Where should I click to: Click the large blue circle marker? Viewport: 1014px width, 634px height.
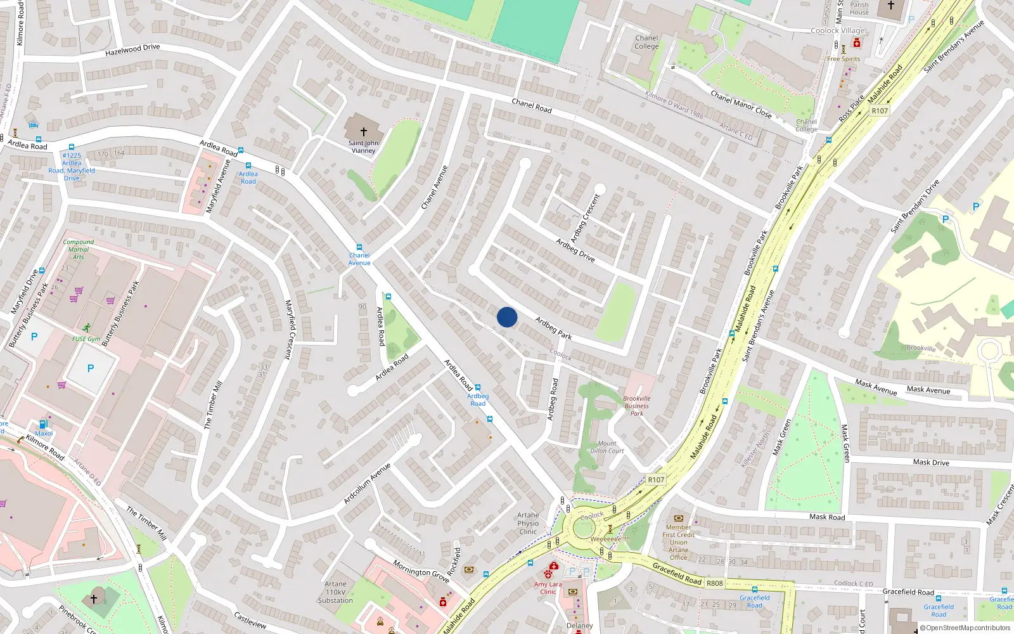click(x=507, y=317)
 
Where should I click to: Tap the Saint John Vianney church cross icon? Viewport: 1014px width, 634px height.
click(x=364, y=131)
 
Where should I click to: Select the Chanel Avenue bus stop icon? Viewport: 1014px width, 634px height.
click(x=359, y=247)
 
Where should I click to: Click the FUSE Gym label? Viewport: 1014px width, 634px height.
click(x=86, y=339)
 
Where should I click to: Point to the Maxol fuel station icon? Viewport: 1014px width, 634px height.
click(x=43, y=425)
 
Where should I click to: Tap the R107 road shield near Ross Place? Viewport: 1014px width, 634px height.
click(x=880, y=111)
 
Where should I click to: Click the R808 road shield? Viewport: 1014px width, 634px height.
click(x=714, y=583)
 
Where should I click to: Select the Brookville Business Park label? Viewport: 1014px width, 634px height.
click(x=637, y=406)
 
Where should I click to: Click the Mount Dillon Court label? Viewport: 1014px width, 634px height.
click(x=607, y=447)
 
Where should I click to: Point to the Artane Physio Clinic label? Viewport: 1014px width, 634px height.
click(x=528, y=523)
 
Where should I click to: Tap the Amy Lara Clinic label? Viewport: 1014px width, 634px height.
click(x=548, y=588)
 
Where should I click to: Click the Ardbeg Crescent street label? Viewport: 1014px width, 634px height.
click(x=584, y=219)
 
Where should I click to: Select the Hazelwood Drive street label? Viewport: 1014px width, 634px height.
click(x=132, y=49)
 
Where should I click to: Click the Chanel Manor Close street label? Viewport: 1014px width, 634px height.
click(x=741, y=105)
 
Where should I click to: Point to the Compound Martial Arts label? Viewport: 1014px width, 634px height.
click(x=79, y=249)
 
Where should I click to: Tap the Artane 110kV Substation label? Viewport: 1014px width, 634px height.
click(x=335, y=592)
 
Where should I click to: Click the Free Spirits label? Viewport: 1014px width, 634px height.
click(x=844, y=59)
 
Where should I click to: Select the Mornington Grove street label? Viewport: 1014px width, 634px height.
click(x=421, y=571)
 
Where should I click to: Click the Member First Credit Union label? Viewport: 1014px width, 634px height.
click(x=678, y=542)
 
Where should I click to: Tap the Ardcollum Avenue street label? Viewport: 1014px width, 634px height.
click(x=367, y=483)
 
